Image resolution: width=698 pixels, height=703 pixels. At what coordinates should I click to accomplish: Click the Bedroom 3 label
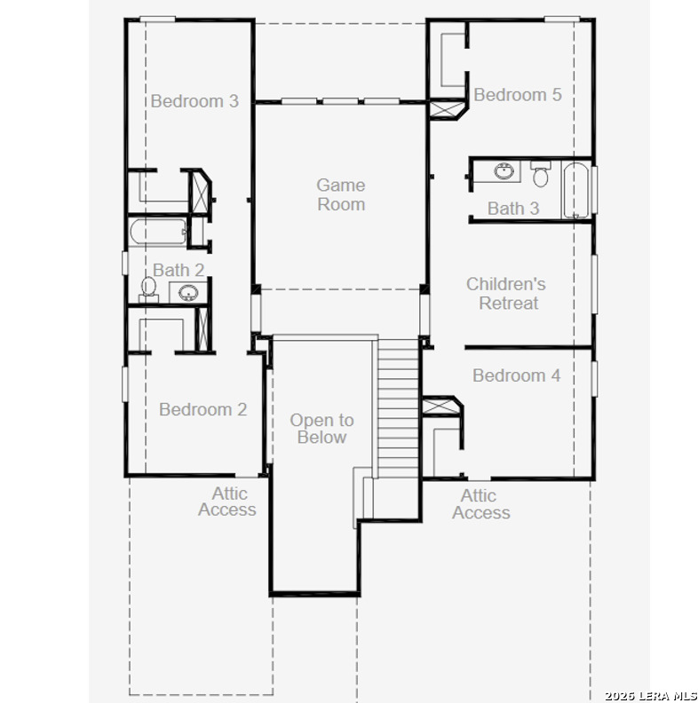pos(194,101)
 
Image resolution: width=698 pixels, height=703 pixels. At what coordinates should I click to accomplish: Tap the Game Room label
pos(341,194)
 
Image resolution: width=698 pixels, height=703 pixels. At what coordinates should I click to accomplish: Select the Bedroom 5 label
pos(518,95)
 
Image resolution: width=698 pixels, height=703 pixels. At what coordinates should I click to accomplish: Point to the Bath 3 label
pos(513,209)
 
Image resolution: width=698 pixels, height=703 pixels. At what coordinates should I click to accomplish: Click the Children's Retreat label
pos(506,294)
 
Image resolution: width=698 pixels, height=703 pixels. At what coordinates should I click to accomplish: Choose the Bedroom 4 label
pos(516,375)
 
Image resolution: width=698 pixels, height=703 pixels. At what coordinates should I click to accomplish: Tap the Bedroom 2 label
pos(202,409)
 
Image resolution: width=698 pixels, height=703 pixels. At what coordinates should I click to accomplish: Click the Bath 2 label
pos(178,270)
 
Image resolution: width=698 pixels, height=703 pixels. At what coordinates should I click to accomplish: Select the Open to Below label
pos(322,429)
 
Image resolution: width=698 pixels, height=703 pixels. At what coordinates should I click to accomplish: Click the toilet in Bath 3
pos(541,174)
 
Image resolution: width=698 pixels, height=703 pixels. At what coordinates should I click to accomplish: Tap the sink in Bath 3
pos(504,170)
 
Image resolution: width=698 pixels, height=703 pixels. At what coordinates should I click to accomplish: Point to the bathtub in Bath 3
pos(576,191)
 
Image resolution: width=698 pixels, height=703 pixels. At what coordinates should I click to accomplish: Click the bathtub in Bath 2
pos(158,232)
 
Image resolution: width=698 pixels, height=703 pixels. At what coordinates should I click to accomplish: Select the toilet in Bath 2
pos(148,289)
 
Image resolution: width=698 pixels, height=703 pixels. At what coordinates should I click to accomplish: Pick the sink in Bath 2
pos(188,293)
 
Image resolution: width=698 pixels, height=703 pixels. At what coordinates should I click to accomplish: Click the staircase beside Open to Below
pos(398,408)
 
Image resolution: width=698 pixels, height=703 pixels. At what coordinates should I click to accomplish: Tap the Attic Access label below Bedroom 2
pos(227,502)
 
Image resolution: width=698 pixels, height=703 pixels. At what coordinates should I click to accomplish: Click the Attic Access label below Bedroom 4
pos(481,504)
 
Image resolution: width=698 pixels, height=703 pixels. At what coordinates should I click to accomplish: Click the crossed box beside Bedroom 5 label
pos(448,110)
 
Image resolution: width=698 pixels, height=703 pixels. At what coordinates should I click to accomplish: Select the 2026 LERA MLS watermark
pos(650,696)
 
